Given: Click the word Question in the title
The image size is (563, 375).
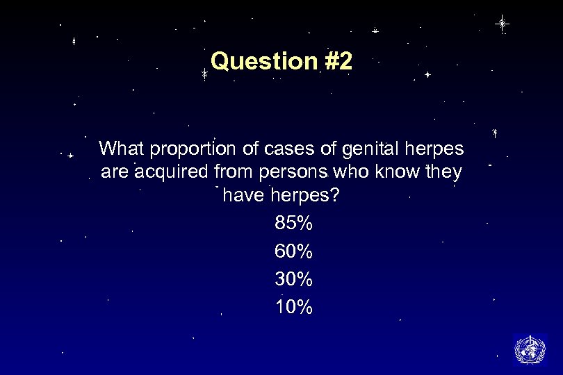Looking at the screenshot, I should [x=264, y=62].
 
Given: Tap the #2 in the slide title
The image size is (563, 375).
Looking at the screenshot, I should [x=338, y=62].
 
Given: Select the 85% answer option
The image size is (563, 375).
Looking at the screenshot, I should [x=294, y=224].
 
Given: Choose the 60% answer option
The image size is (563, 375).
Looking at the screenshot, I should [x=294, y=251].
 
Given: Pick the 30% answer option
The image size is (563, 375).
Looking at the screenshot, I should [x=294, y=279].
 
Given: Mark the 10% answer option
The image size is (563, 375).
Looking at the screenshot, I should [x=294, y=307].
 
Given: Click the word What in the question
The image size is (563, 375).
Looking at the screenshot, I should [x=122, y=149].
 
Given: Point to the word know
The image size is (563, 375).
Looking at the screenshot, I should [x=397, y=172].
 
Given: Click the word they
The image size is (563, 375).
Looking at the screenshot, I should [x=443, y=173].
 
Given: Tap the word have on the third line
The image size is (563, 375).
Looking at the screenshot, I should [x=243, y=197].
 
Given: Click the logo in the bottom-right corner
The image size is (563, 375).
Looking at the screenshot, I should [x=530, y=349].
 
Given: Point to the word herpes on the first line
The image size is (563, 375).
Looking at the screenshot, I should [x=438, y=150].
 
